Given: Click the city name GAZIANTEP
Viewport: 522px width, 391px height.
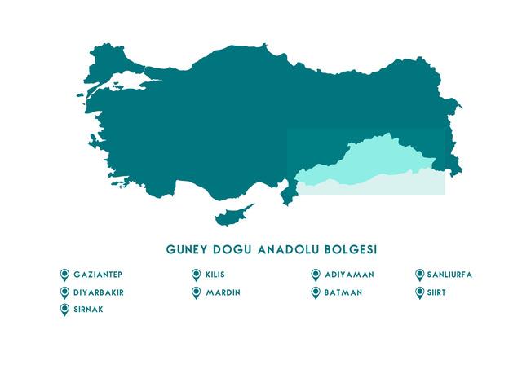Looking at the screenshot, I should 98,275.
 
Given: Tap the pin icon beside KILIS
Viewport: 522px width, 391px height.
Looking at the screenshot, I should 196,275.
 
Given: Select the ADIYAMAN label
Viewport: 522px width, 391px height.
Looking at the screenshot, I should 348,275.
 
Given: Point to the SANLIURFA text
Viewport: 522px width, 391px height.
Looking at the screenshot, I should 449,275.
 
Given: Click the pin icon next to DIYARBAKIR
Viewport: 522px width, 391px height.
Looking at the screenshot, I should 64,292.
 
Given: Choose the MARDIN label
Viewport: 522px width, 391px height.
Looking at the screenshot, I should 223,292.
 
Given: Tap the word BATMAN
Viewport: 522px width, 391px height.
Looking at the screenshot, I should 343,292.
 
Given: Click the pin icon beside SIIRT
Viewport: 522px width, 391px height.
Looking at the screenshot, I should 420,292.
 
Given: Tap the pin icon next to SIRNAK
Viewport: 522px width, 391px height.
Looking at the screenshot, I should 64,310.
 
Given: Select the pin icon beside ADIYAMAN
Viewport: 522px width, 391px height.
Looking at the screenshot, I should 316,275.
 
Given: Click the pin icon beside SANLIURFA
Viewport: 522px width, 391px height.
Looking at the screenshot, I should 420,275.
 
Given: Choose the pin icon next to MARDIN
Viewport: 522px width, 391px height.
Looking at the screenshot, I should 196,292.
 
